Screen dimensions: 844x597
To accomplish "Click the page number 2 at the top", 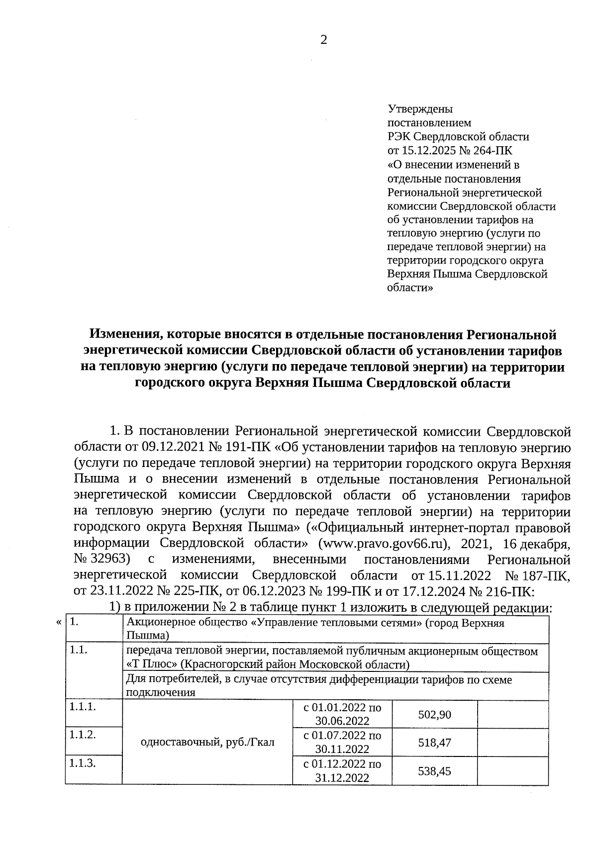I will point(323,41).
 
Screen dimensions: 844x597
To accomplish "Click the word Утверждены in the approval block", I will point(420,108).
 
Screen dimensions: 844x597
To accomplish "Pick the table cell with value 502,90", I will point(434,715).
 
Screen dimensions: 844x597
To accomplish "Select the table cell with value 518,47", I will point(434,743).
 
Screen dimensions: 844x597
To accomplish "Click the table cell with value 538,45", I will point(434,771).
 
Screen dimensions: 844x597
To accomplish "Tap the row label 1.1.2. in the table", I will point(83,735).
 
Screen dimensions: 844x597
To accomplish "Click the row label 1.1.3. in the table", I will point(83,763).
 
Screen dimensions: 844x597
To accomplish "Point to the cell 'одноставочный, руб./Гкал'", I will point(207,743).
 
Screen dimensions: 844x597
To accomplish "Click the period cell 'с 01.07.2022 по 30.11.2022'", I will point(342,742).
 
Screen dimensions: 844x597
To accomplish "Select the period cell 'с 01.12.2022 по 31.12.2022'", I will point(342,771).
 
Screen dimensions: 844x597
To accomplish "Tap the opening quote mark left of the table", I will point(59,622).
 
